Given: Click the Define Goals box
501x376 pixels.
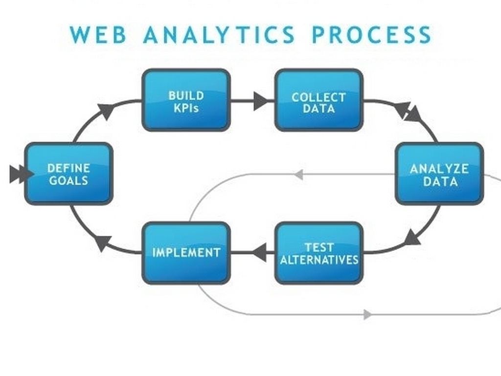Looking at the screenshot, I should point(68,174).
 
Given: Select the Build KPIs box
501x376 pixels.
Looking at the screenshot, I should point(186,100).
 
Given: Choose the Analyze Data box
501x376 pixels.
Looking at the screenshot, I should point(439,174).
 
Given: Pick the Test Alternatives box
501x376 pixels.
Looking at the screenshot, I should point(319,253).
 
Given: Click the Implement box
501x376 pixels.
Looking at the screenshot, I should point(186,253).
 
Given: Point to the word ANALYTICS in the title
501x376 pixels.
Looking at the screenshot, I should point(219,35).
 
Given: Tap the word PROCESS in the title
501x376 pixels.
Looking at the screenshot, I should point(372,35).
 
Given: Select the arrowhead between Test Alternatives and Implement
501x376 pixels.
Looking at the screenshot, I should point(260,253).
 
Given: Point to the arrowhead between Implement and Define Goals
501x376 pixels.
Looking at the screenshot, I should point(103,242).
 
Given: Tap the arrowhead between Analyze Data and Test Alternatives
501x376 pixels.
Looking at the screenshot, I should point(413,238).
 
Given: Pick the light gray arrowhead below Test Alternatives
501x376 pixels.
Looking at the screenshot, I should point(367,314).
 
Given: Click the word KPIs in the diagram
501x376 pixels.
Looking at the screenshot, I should point(186,108).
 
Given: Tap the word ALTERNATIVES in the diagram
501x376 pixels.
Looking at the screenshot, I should point(319,259).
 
